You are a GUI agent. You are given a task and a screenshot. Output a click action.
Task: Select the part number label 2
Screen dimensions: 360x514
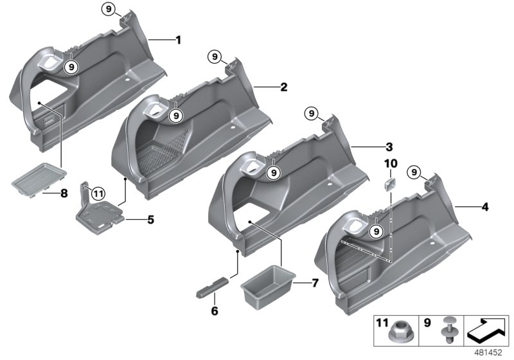(283, 86)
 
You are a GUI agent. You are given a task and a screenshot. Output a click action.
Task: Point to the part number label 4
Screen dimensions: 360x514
(485, 208)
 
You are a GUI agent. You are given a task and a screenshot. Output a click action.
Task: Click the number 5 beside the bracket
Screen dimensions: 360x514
(150, 219)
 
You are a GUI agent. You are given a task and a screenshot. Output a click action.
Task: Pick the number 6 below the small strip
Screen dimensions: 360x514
(215, 311)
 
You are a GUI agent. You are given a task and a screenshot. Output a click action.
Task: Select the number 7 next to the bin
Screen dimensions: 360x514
(314, 283)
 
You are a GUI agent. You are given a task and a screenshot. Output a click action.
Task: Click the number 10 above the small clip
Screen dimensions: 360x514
(391, 164)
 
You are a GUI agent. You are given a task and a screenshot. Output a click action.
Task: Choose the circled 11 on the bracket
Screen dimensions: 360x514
(97, 192)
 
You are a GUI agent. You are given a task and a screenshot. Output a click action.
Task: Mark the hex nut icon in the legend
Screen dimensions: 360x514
(396, 332)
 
